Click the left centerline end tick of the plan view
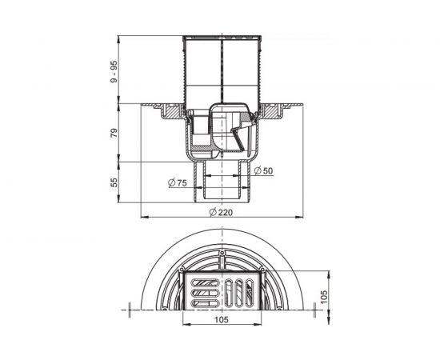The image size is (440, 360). pyautogui.click(x=128, y=309)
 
